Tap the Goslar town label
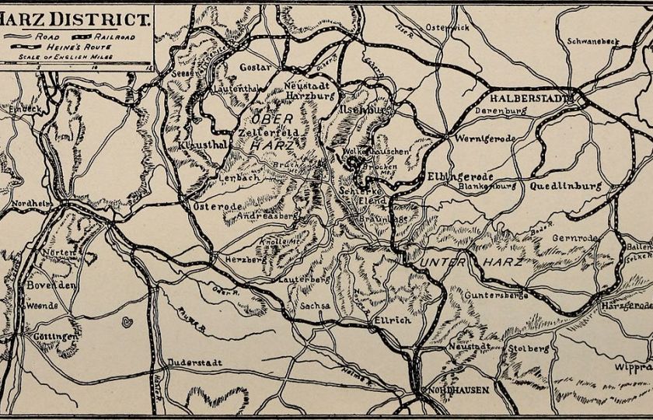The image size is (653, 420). pyautogui.click(x=255, y=68)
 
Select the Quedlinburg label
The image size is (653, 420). pyautogui.click(x=565, y=187)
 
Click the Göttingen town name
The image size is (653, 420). pyautogui.click(x=54, y=336)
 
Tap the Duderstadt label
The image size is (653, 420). pyautogui.click(x=194, y=362)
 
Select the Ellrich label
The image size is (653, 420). pyautogui.click(x=386, y=319)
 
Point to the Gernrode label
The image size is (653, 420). pyautogui.click(x=575, y=238)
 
